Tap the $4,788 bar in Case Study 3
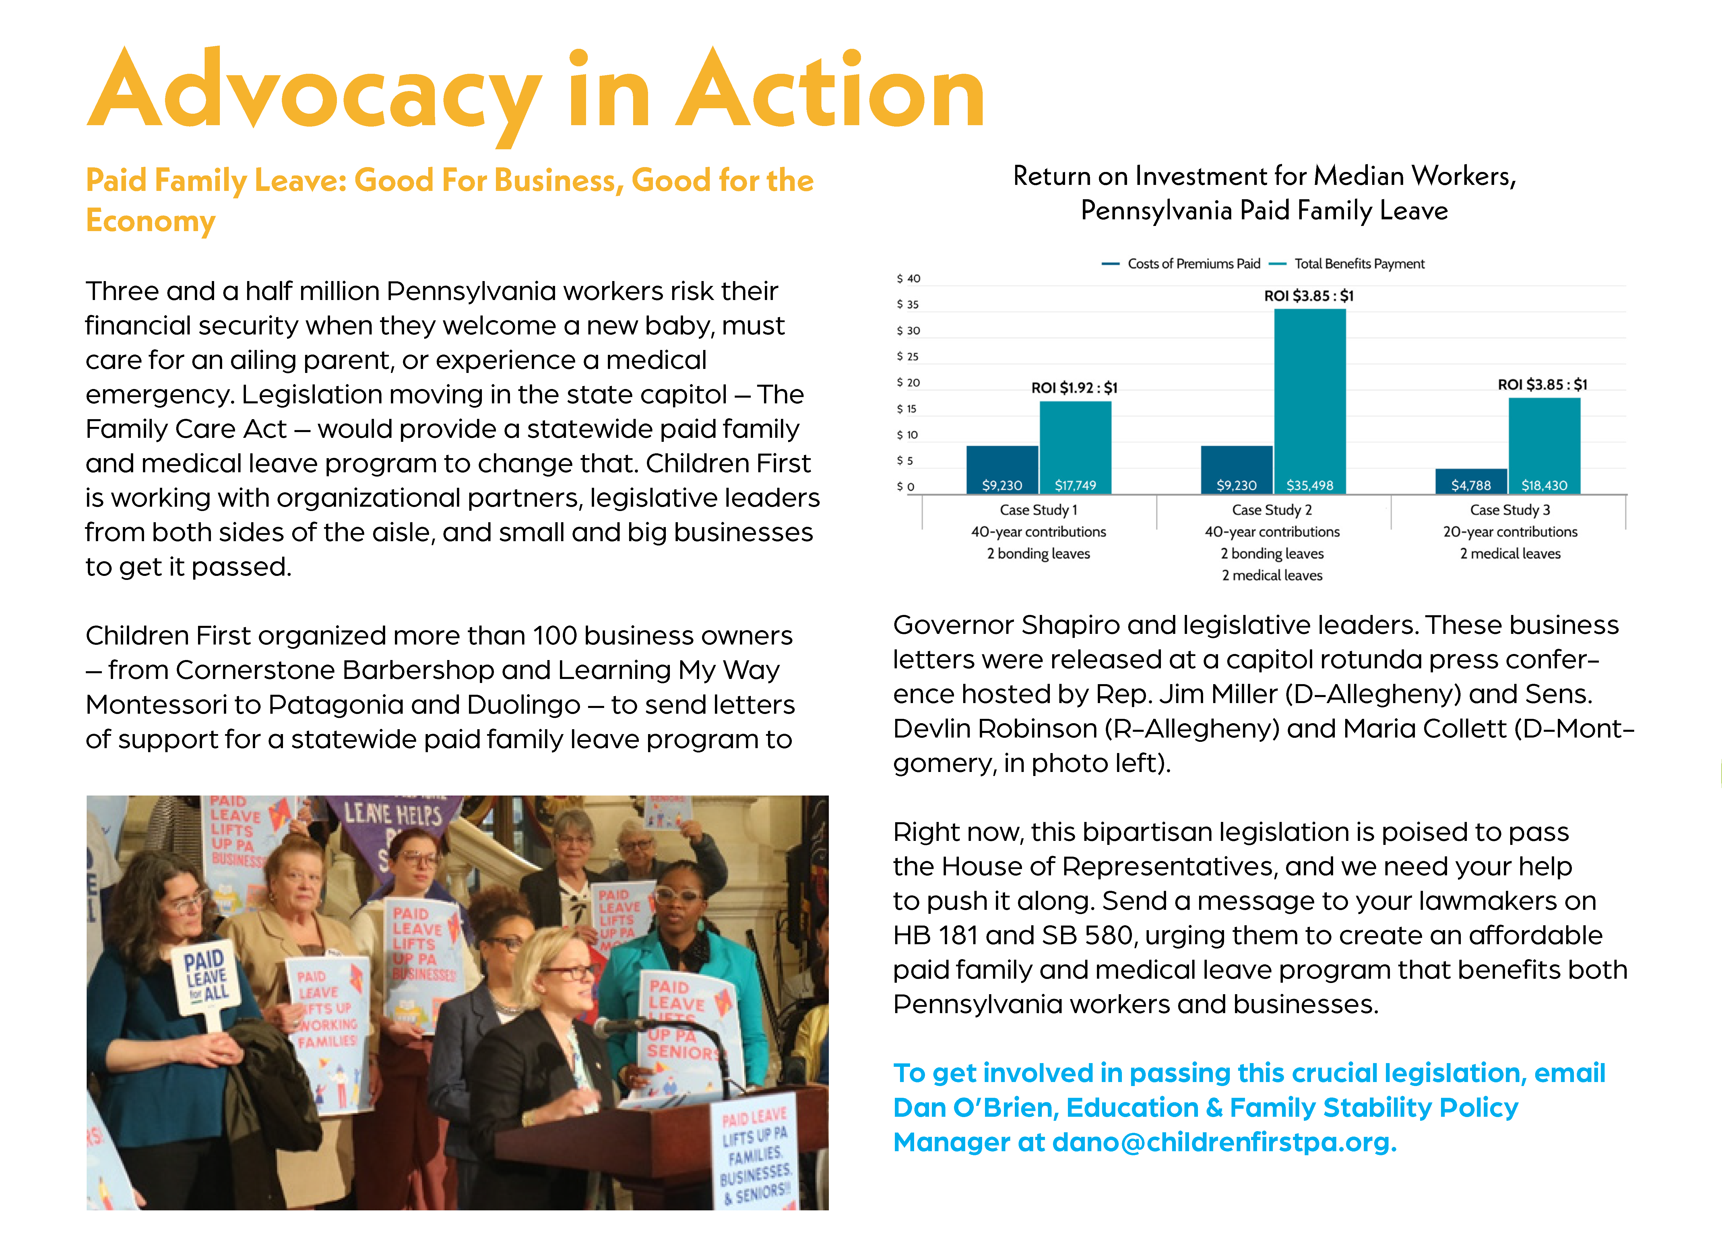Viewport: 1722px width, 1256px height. click(1471, 481)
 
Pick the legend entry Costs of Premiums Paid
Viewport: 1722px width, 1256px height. click(1193, 264)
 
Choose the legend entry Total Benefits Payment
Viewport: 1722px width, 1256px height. click(1359, 264)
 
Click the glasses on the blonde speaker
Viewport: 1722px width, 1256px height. click(570, 972)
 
